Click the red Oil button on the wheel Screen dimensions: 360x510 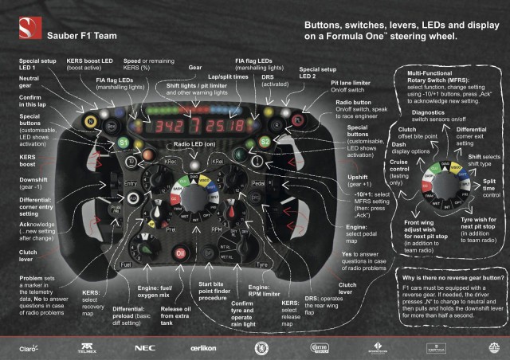(181, 252)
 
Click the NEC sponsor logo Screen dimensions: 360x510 (144, 348)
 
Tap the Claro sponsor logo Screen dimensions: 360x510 (33, 348)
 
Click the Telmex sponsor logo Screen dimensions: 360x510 (86, 348)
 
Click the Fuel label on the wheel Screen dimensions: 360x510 (125, 263)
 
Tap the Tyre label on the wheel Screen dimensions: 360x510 (264, 263)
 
